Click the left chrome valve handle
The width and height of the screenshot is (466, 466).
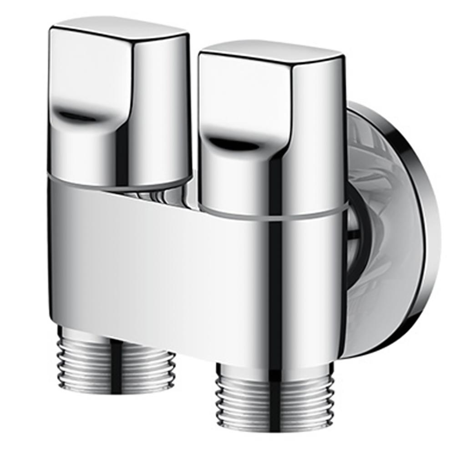click(x=119, y=105)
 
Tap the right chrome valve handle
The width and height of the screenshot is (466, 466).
click(x=272, y=132)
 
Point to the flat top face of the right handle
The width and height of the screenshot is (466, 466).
click(x=271, y=50)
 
